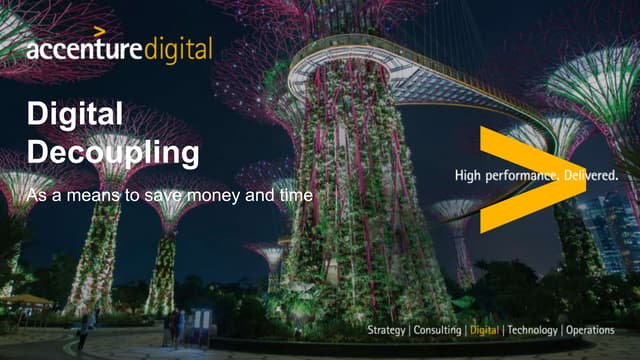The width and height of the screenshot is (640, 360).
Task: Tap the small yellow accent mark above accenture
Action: click(x=99, y=32)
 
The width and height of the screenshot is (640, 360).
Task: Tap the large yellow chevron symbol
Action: click(x=525, y=180)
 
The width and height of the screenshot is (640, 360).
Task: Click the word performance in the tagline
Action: click(x=519, y=176)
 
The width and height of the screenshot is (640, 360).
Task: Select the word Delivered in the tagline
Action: click(x=589, y=176)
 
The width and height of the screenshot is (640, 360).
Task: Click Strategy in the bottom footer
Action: click(x=386, y=329)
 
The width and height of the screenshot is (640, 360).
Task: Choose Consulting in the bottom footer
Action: click(x=437, y=329)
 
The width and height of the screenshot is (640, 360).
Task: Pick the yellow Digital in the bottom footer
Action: click(x=484, y=329)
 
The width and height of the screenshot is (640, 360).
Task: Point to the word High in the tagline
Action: click(x=467, y=176)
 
